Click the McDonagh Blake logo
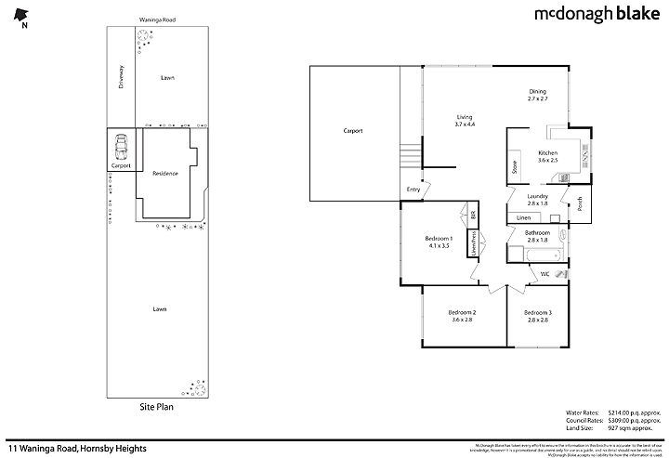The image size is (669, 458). coord(596,15)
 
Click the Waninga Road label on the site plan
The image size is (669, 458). coord(157,19)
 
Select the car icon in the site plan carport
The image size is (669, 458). coord(121,147)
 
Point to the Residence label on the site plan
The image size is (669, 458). coord(165,173)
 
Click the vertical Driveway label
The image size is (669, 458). coord(121,76)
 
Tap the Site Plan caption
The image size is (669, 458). coord(156,406)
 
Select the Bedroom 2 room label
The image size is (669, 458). coord(462,316)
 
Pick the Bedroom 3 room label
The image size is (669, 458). coord(537,316)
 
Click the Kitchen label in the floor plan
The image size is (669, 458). coord(547,156)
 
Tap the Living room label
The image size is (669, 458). coord(465,120)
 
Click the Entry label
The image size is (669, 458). coord(413,190)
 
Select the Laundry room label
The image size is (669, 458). coord(537,199)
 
